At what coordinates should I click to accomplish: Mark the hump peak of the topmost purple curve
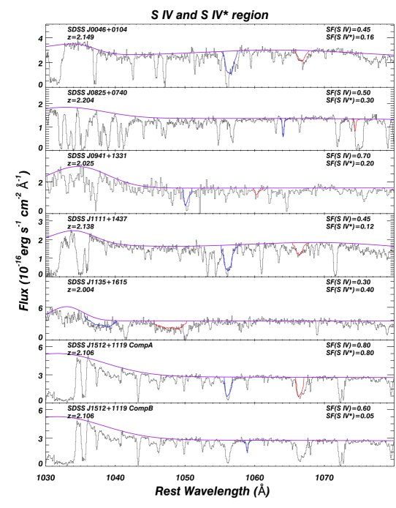click(x=73, y=44)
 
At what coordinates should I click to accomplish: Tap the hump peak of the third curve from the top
click(x=75, y=167)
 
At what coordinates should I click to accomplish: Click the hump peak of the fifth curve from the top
click(x=66, y=307)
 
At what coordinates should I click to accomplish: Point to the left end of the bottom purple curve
click(x=47, y=417)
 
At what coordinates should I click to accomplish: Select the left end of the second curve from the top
click(x=47, y=108)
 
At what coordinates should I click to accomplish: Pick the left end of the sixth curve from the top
click(x=47, y=354)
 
